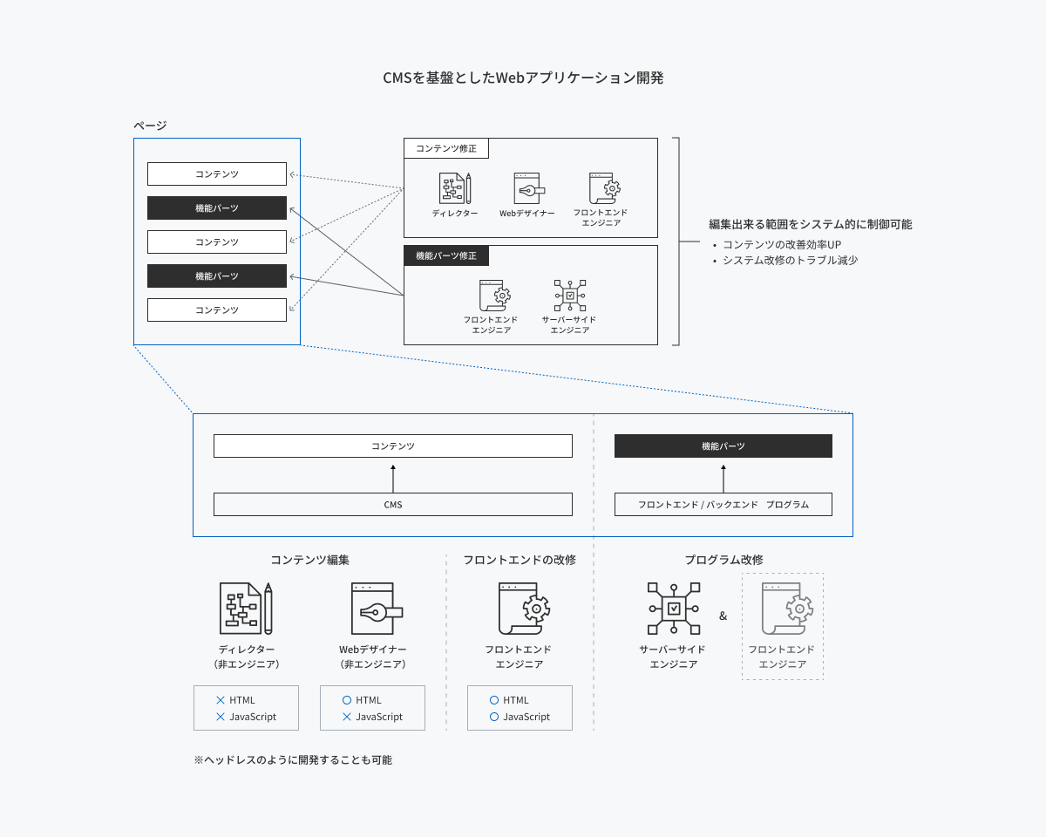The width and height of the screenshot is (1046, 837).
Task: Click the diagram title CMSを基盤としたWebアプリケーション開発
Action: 523,78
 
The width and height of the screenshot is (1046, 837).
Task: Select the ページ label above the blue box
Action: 150,126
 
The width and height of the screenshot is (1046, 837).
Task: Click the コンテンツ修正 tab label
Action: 446,148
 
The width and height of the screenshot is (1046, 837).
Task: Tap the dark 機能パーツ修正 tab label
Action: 446,255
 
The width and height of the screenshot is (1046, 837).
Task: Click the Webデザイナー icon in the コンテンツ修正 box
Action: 529,188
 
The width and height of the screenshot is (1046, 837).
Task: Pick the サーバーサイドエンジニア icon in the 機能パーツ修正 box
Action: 570,296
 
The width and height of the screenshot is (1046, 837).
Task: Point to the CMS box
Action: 393,504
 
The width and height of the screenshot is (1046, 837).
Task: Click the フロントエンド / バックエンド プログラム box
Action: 723,504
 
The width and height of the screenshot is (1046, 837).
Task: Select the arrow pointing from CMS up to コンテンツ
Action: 393,479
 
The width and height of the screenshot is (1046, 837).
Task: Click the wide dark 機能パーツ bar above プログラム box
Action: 723,446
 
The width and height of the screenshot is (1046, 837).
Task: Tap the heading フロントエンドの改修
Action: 520,560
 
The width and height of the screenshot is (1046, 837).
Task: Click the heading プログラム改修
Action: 723,560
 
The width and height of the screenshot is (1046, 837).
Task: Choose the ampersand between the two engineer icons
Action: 723,616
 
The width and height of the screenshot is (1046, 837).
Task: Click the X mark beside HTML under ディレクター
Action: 221,700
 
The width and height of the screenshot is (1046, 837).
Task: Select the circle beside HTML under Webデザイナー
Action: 347,700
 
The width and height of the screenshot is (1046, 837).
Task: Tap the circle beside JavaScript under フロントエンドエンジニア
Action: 494,717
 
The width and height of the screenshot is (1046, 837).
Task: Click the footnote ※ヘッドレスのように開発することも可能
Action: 293,759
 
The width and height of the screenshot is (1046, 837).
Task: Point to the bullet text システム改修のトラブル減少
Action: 791,260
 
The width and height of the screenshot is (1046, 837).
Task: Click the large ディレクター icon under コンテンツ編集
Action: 246,609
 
